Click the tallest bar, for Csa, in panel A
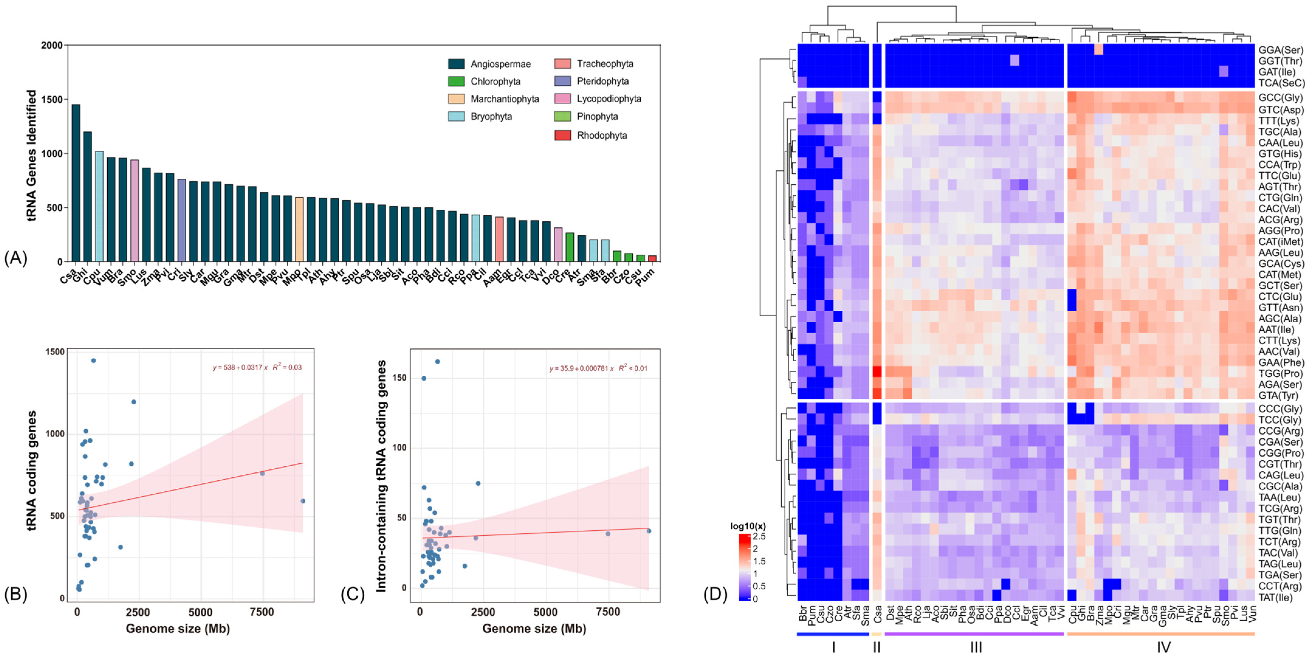pyautogui.click(x=76, y=183)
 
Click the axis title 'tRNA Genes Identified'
pyautogui.click(x=32, y=155)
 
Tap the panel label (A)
pyautogui.click(x=15, y=258)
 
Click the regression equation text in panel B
pyautogui.click(x=257, y=367)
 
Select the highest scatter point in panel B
pyautogui.click(x=93, y=361)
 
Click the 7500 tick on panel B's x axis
pyautogui.click(x=262, y=612)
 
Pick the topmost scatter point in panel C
pyautogui.click(x=437, y=361)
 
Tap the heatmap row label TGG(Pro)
pyautogui.click(x=1280, y=374)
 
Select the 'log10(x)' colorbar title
pyautogui.click(x=748, y=526)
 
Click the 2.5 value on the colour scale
pyautogui.click(x=760, y=536)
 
